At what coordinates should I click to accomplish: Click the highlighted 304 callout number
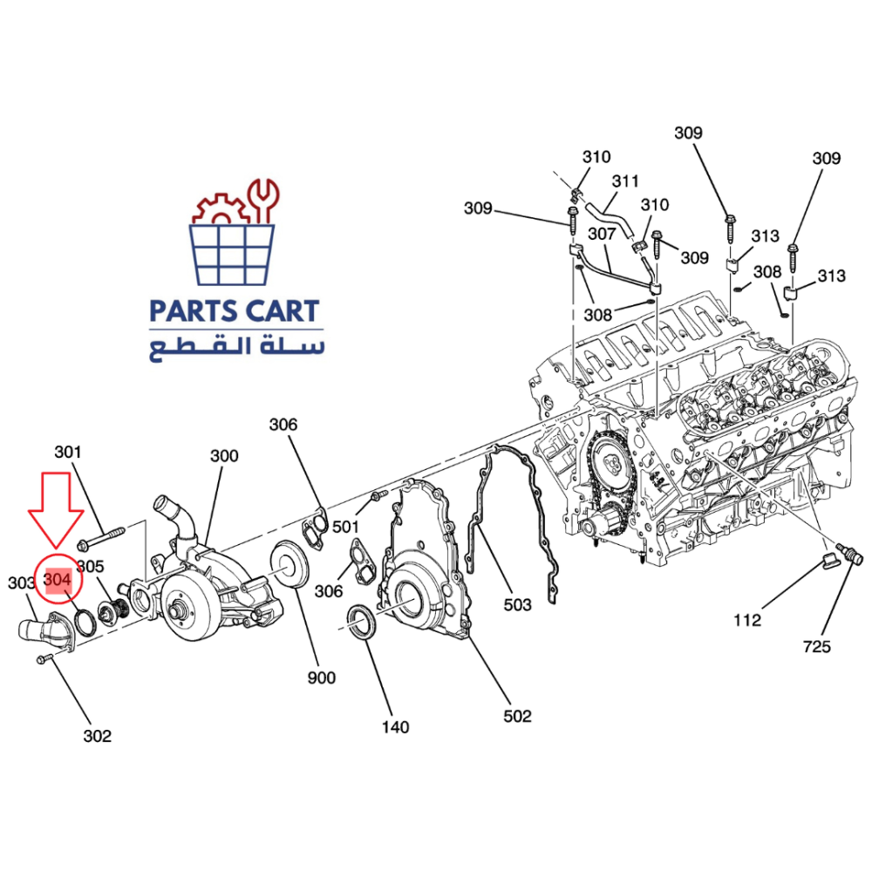coord(58,580)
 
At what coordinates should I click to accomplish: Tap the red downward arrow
coord(56,510)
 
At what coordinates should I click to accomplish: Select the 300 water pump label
coord(224,455)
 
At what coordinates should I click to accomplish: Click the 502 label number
coord(517,716)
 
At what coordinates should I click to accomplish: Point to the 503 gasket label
coord(517,604)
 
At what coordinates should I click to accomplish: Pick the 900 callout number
coord(322,678)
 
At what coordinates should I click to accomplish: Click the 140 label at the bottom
coord(395,727)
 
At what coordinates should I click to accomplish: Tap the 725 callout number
coord(816,646)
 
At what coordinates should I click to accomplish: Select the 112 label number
coord(747,619)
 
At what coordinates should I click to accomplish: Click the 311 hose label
coord(625,181)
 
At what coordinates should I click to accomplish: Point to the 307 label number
coord(602,234)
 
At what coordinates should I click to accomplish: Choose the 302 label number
coord(98,736)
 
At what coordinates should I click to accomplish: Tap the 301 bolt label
coord(68,452)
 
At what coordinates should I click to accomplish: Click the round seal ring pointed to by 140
coord(363,622)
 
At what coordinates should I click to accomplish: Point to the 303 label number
coord(22,582)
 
